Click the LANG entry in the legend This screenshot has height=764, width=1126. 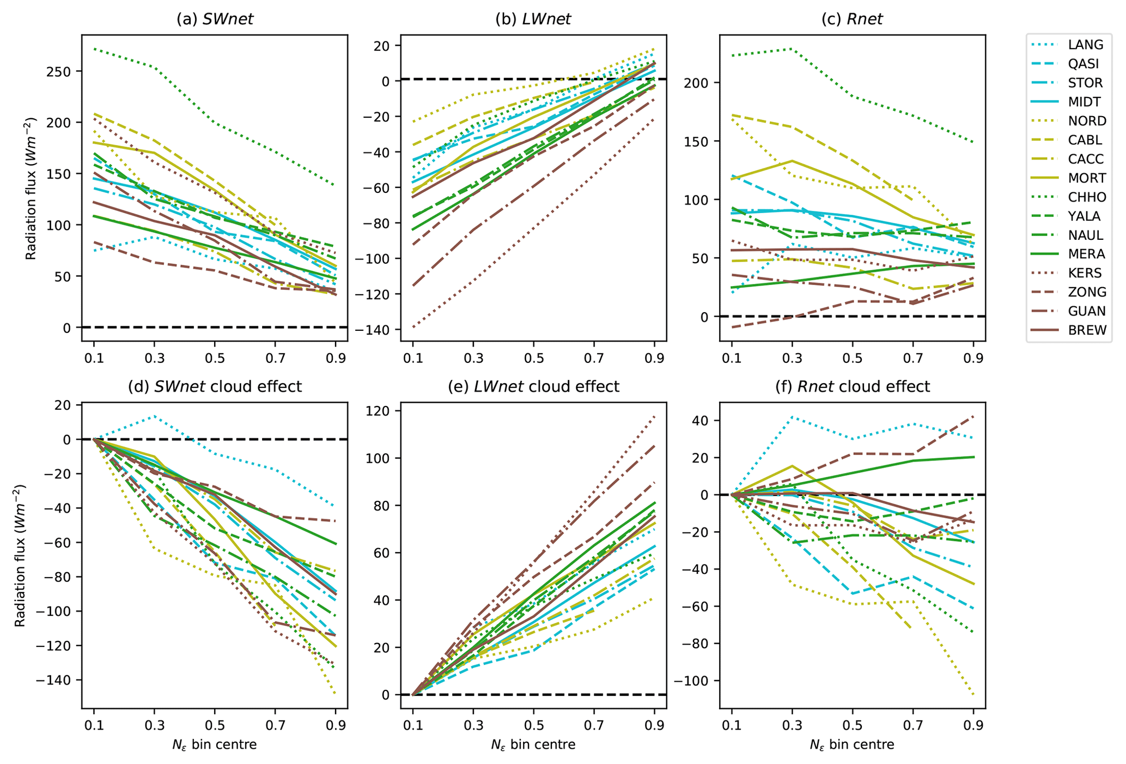(x=1086, y=45)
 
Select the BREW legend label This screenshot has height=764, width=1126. (x=1087, y=330)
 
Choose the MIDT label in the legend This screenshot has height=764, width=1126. (x=1085, y=102)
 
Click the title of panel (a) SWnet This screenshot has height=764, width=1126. (x=215, y=20)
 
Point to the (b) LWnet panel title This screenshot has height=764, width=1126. (x=533, y=20)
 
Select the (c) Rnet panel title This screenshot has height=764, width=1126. (x=852, y=20)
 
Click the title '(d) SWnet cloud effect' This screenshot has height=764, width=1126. (x=215, y=387)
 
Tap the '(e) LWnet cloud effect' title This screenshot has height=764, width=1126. (x=533, y=387)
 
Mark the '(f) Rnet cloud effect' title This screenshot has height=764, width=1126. (x=852, y=387)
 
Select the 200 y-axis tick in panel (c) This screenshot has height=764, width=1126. (x=701, y=83)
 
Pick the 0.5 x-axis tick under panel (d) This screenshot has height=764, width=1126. (x=215, y=726)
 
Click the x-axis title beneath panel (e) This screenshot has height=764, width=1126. (x=533, y=744)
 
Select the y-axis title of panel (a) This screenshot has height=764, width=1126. (x=31, y=188)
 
